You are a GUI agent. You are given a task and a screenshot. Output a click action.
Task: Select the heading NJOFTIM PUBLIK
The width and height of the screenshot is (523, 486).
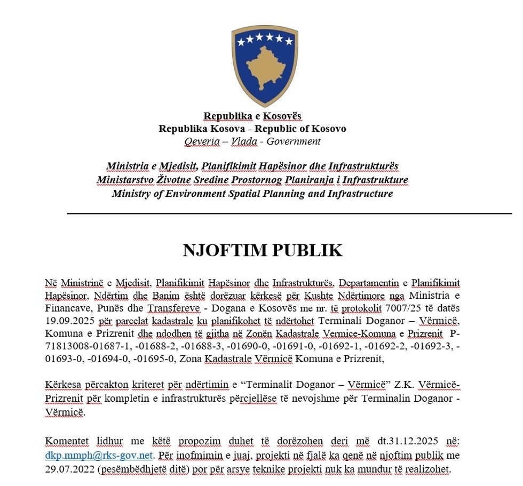point(263,251)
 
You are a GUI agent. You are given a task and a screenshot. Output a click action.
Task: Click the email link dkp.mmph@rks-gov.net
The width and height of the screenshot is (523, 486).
point(99,455)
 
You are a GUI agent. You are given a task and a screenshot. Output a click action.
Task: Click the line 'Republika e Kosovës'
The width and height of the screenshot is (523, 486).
point(252,116)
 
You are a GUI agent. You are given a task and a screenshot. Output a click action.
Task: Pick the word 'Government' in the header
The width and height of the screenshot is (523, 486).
point(294,141)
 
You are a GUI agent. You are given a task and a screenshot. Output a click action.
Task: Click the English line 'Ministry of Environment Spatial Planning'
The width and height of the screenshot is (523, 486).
point(252,193)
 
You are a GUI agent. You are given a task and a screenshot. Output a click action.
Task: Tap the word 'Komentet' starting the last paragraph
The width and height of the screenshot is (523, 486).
point(66,442)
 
